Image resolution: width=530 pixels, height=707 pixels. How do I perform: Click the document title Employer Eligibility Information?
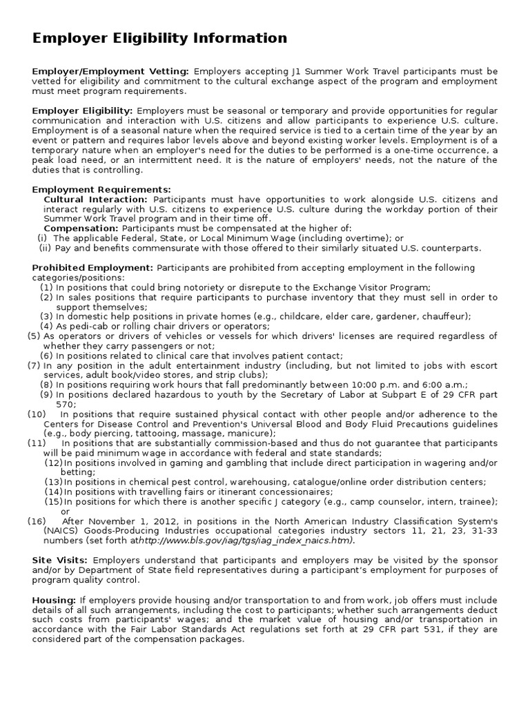tap(159, 38)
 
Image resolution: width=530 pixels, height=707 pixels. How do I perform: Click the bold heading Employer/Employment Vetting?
tap(110, 71)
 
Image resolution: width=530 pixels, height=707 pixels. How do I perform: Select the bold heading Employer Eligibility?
tap(83, 110)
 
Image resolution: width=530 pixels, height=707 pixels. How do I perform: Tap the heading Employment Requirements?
tap(101, 189)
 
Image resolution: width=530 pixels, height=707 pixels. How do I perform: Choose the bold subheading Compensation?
tap(81, 229)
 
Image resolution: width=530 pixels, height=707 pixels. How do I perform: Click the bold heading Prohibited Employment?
tap(92, 268)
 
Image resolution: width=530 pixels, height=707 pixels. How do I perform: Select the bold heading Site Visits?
tap(59, 560)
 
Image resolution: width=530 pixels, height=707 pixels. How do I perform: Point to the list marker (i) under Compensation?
tap(42, 238)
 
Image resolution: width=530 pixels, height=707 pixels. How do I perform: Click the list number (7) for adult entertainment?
tap(34, 365)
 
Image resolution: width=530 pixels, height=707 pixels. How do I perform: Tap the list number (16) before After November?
tap(36, 521)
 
